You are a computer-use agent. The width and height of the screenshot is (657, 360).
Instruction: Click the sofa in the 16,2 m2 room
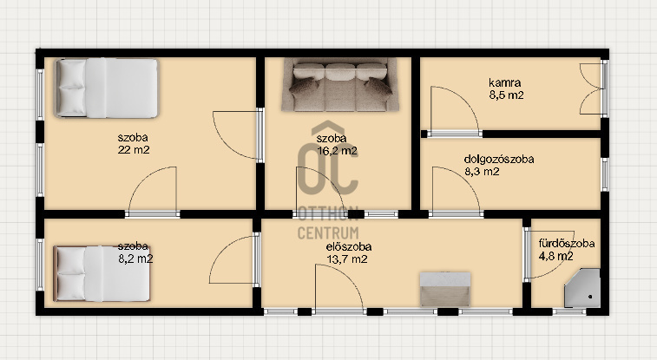(x=340, y=84)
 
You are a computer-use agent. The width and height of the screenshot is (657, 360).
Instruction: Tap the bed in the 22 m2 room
(x=107, y=88)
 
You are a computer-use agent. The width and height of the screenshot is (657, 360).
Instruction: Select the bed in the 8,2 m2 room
(x=102, y=273)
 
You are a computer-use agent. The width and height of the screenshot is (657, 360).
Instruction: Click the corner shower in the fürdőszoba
(x=581, y=288)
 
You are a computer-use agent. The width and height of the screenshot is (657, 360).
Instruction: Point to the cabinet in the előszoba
(x=445, y=289)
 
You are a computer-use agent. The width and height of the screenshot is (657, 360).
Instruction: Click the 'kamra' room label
(x=505, y=82)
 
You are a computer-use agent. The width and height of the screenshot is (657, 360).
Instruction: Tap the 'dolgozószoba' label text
(x=499, y=159)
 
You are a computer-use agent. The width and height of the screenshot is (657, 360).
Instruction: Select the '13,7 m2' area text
(x=347, y=259)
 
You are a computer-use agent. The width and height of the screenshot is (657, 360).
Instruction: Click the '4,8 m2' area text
(x=555, y=256)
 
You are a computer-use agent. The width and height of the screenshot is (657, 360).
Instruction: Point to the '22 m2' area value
(x=134, y=150)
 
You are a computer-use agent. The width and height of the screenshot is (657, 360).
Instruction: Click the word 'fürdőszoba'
(x=567, y=243)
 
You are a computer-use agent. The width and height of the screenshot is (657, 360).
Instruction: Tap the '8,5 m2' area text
(x=506, y=95)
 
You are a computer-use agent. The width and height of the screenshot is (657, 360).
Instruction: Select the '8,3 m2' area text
(x=482, y=171)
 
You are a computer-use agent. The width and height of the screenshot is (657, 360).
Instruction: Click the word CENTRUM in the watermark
(x=328, y=232)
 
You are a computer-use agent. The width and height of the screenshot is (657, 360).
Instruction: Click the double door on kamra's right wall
(x=592, y=88)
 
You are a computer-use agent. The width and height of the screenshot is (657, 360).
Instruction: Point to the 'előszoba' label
(x=349, y=246)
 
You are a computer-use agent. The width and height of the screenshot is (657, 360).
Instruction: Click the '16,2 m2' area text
(x=338, y=151)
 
